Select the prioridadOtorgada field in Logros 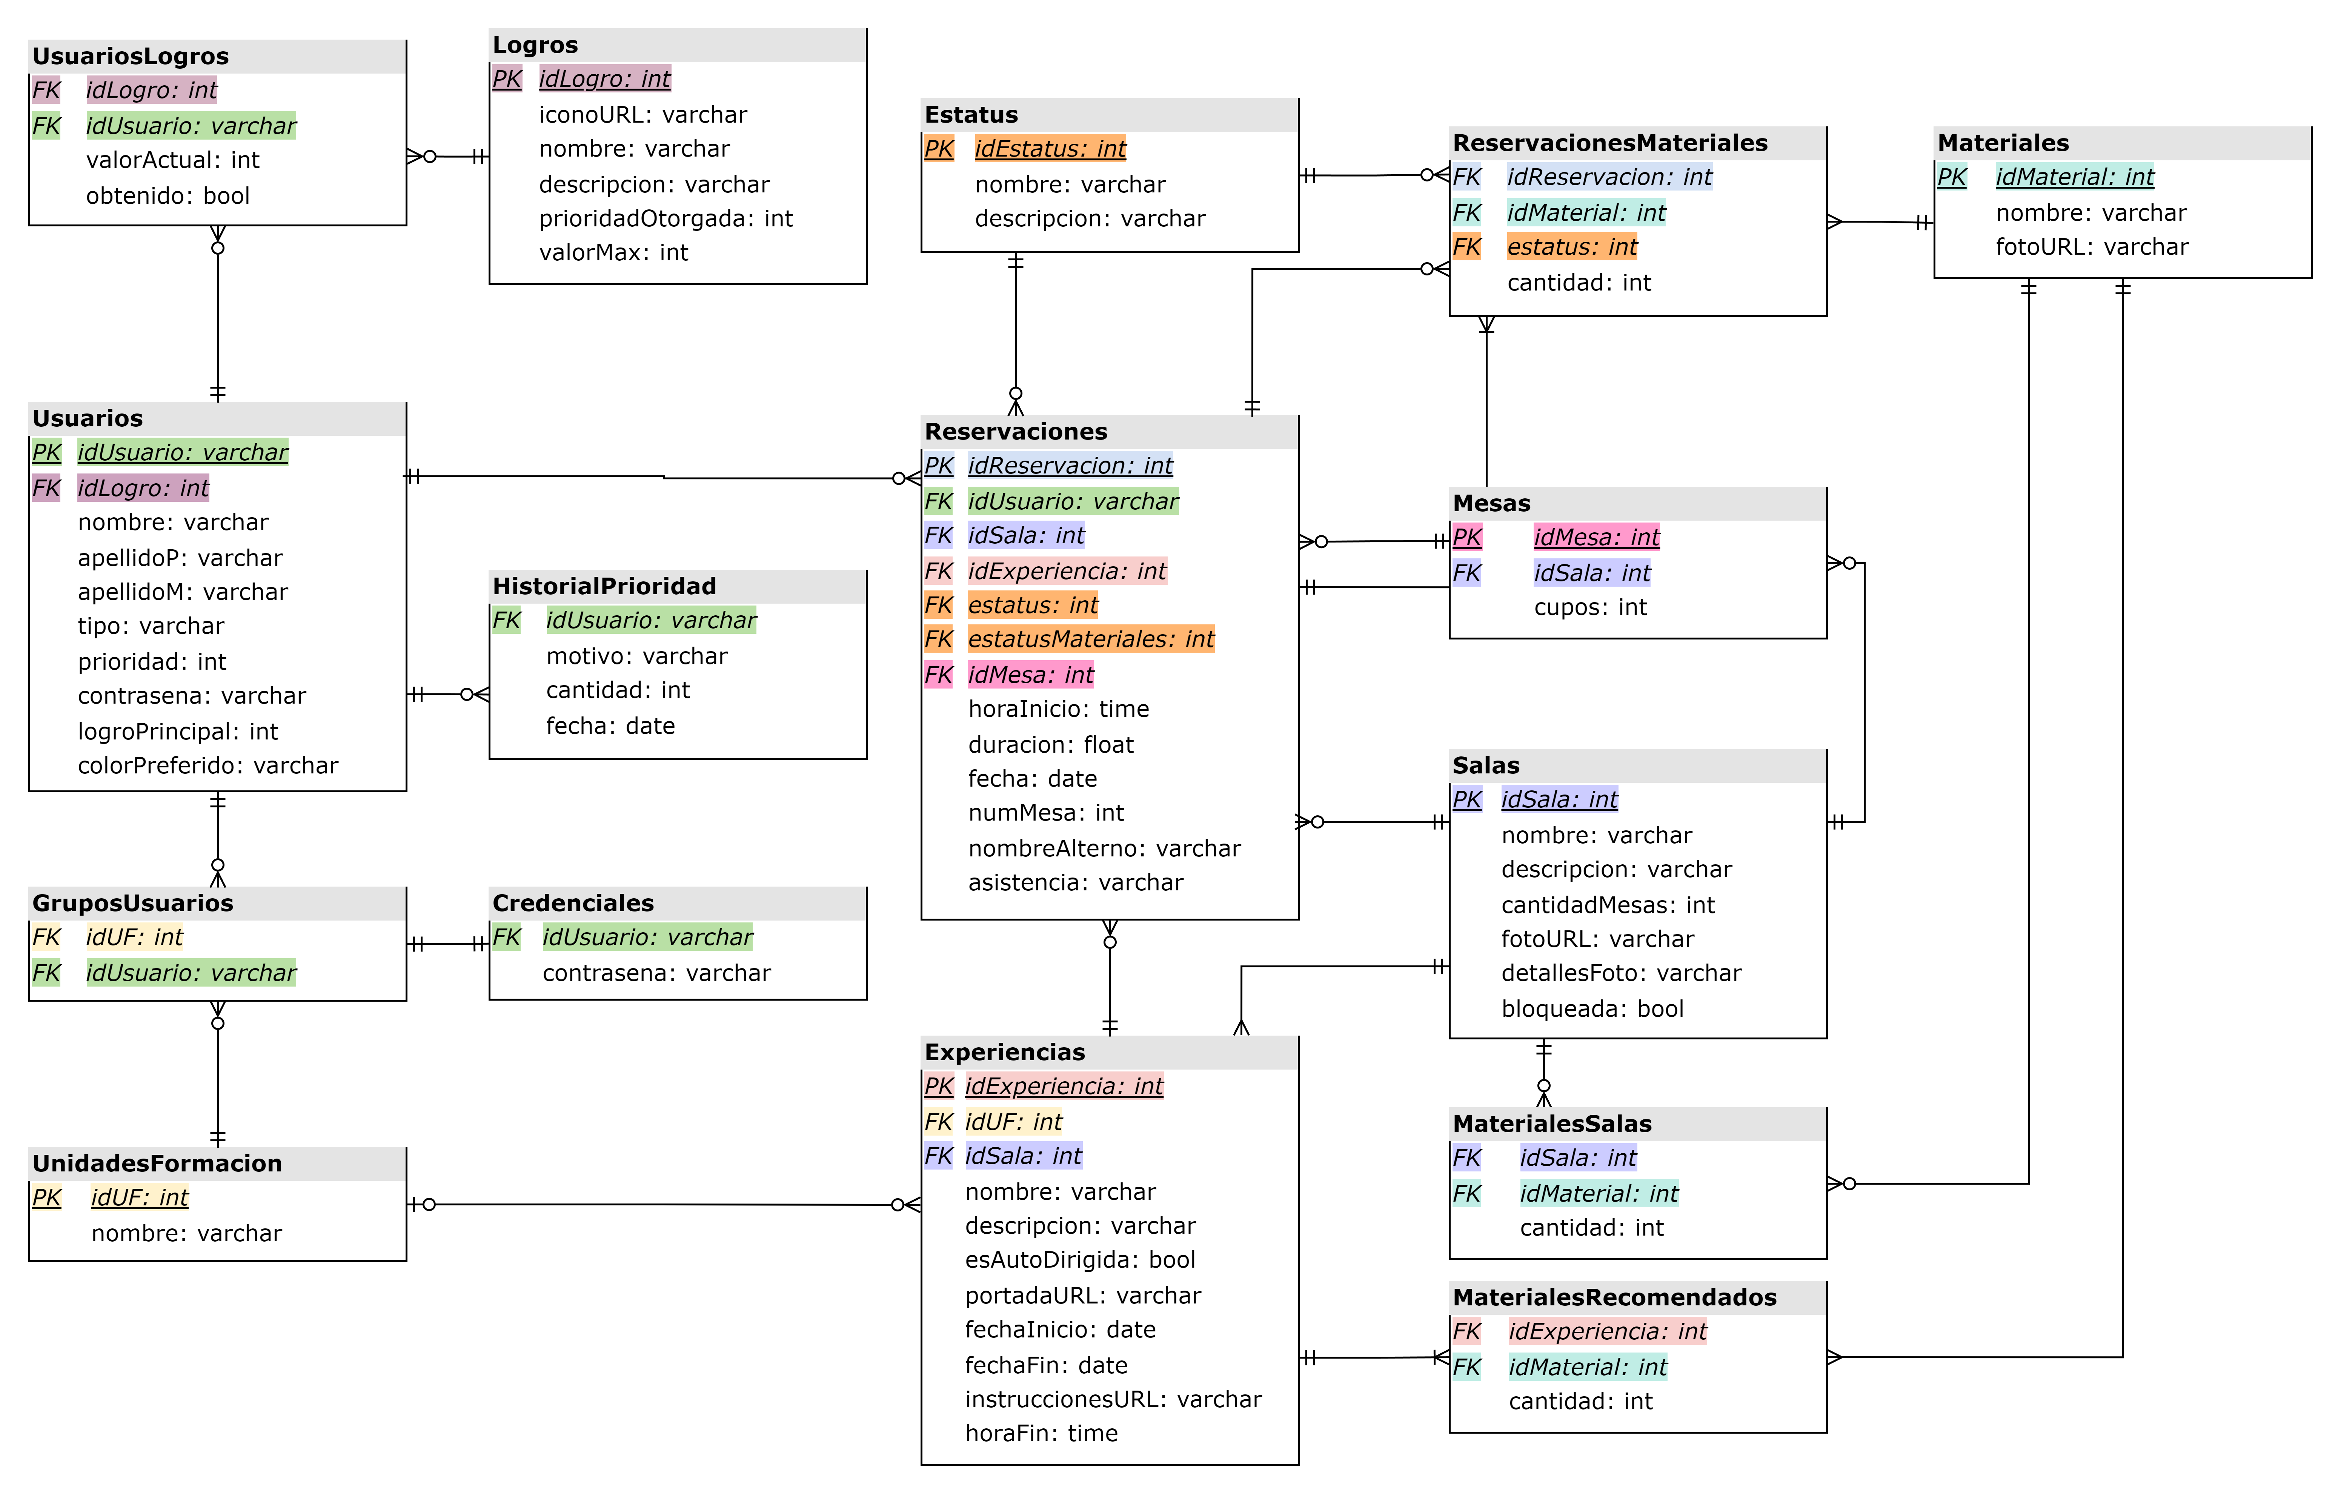[x=665, y=219]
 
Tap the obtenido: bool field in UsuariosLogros [x=167, y=196]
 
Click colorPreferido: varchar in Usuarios [x=207, y=766]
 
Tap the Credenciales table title [x=573, y=903]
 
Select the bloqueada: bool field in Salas [x=1591, y=1009]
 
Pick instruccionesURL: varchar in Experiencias [x=1112, y=1400]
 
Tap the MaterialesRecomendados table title [x=1614, y=1298]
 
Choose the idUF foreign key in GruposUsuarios [x=134, y=937]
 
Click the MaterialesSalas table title [x=1552, y=1124]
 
